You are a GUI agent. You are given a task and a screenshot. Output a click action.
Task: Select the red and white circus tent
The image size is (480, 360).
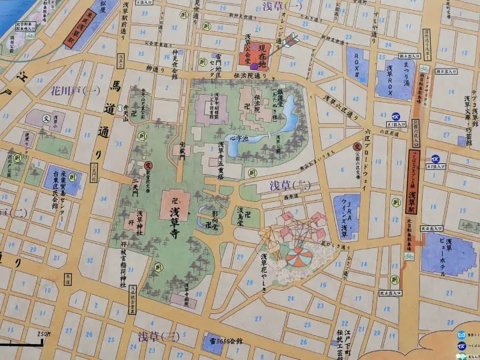(298, 256)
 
